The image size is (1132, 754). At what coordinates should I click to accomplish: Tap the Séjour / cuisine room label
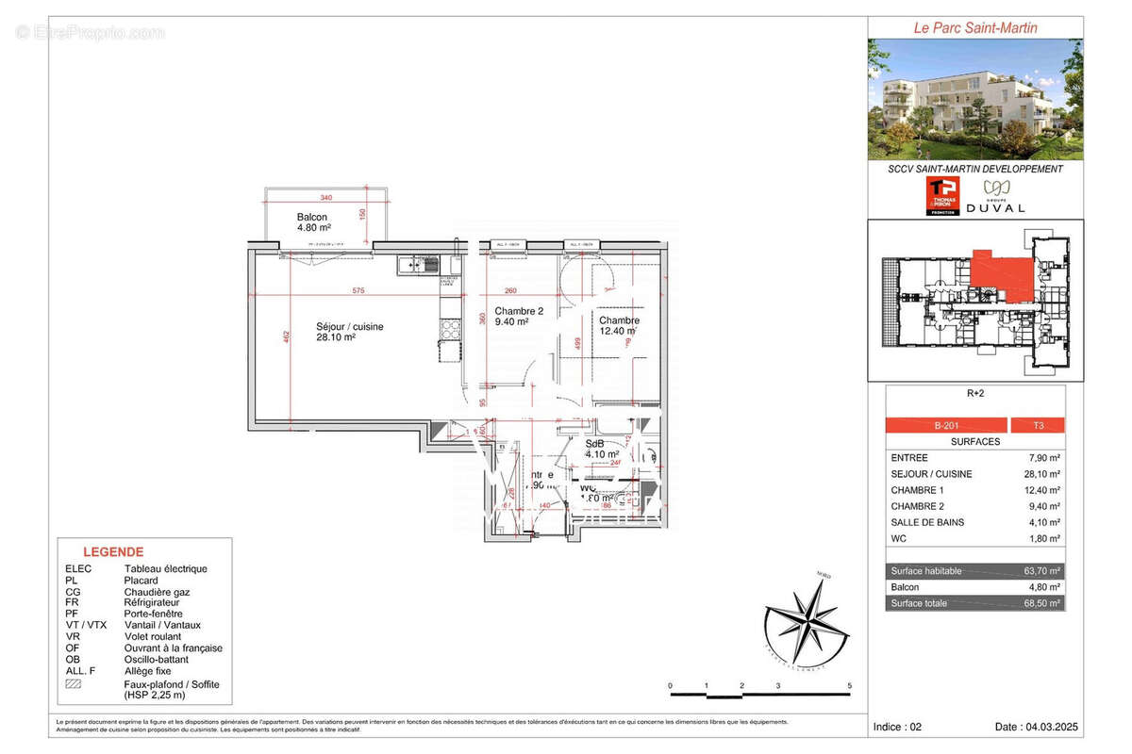pyautogui.click(x=349, y=332)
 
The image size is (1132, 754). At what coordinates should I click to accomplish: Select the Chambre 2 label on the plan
pyautogui.click(x=519, y=316)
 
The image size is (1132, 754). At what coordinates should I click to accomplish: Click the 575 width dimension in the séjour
pyautogui.click(x=358, y=290)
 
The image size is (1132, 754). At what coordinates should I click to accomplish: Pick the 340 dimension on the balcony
pyautogui.click(x=326, y=198)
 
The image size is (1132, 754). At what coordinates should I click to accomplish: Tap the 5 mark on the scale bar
pyautogui.click(x=850, y=685)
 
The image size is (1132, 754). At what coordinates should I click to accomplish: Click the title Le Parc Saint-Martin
pyautogui.click(x=975, y=28)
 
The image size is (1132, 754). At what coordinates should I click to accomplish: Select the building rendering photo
pyautogui.click(x=975, y=99)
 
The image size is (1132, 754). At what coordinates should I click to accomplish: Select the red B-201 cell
pyautogui.click(x=946, y=425)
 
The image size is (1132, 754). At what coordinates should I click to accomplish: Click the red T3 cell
pyautogui.click(x=1037, y=425)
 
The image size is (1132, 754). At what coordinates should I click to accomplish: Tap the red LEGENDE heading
pyautogui.click(x=113, y=552)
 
